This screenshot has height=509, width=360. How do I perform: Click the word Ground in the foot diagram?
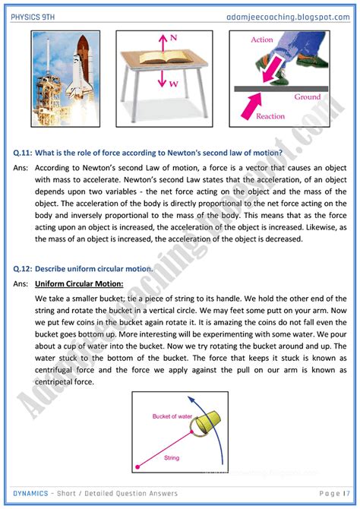pos(307,96)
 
